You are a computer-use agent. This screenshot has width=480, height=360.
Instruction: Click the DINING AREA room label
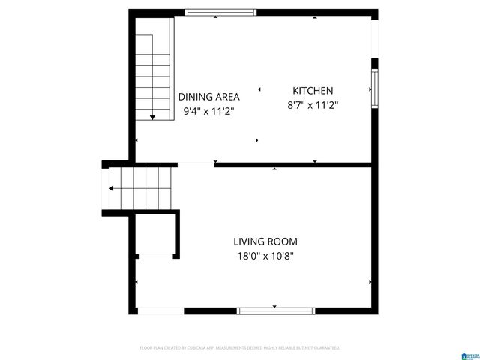[x=208, y=97]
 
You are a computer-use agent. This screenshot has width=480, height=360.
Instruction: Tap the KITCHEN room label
[x=313, y=91]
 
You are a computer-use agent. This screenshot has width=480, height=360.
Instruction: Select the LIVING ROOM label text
[x=265, y=241]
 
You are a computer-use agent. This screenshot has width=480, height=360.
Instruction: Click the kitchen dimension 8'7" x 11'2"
[x=313, y=106]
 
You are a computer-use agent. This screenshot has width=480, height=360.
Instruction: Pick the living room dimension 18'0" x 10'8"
[x=265, y=256]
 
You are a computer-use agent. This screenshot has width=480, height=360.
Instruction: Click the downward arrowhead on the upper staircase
[x=152, y=116]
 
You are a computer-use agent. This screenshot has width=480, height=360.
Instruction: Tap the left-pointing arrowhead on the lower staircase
[x=111, y=189]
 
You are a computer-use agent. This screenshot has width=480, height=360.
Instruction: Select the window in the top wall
[x=220, y=12]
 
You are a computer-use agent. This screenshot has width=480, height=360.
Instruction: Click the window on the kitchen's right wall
[x=374, y=88]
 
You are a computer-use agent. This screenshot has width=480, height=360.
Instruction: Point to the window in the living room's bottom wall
[x=275, y=310]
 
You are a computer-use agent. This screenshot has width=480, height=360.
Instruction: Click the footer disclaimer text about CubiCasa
[x=240, y=348]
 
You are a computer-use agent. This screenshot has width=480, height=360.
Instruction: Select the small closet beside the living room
[x=157, y=235]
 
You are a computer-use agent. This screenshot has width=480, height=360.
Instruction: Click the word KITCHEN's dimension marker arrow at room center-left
[x=259, y=89]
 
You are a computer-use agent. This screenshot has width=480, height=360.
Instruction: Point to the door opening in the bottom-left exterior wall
[x=160, y=310]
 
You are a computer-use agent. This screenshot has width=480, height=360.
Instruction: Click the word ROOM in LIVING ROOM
[x=283, y=241]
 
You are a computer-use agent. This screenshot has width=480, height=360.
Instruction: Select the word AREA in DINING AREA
[x=226, y=97]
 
